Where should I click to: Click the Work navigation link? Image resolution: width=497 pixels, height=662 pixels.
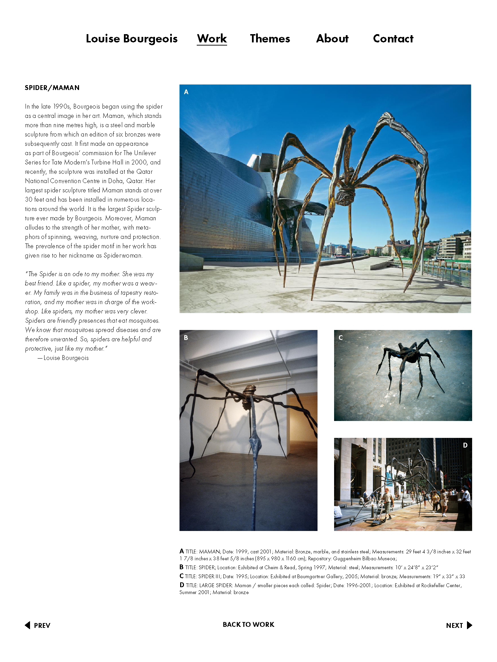point(212,39)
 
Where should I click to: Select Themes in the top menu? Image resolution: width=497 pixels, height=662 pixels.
point(270,39)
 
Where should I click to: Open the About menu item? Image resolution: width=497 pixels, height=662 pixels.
point(332,39)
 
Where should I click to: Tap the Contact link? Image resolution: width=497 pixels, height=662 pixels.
point(393,39)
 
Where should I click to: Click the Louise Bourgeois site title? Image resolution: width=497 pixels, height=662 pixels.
point(131,39)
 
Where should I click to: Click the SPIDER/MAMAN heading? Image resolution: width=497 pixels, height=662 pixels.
point(52,88)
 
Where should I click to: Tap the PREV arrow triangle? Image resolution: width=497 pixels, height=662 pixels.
point(28,625)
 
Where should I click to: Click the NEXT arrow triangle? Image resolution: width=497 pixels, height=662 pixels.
point(469,625)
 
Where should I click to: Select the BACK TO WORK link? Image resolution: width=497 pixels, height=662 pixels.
point(248,624)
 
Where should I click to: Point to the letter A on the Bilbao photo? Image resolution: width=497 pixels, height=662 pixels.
point(186,92)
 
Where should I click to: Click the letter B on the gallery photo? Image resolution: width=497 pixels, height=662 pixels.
point(186,338)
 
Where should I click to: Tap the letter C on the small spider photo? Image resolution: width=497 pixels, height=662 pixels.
point(341,338)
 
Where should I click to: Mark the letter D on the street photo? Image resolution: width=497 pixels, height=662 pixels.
point(465,445)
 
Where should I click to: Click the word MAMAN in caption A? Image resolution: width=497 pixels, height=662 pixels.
point(209,552)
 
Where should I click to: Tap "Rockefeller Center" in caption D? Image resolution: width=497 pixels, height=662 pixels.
point(441,585)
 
